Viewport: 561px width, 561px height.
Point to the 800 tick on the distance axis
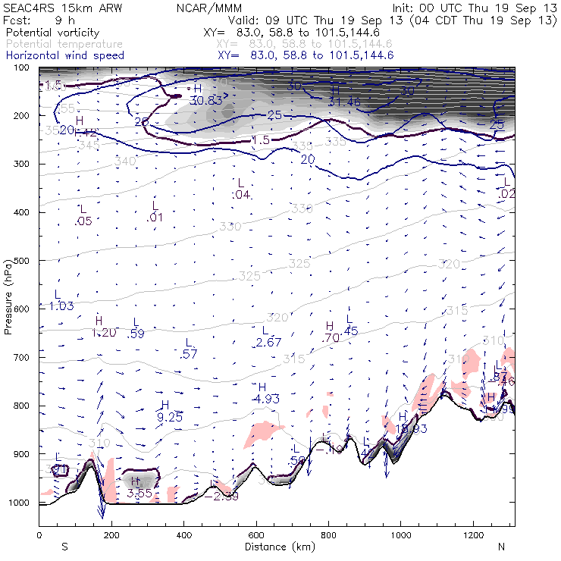point(329,534)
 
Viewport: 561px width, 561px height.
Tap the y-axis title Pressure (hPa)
point(8,296)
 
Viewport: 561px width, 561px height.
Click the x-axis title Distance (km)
point(277,546)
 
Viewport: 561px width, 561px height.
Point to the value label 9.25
point(170,416)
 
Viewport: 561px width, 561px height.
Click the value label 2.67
point(268,343)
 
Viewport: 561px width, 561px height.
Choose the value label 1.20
point(104,332)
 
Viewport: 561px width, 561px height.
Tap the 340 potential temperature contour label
point(125,161)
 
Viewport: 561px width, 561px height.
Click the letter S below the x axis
point(64,546)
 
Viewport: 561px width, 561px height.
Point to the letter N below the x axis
point(501,546)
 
